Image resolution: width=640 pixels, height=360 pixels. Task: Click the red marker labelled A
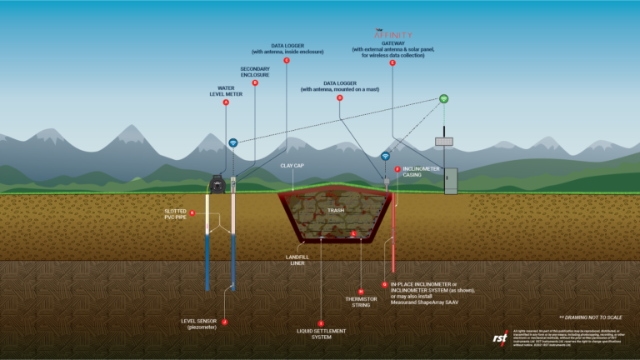(x=226, y=102)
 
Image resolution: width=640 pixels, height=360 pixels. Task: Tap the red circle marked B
(x=255, y=82)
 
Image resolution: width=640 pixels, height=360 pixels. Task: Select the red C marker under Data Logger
(x=287, y=61)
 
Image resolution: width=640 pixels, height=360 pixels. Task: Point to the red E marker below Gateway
(x=392, y=63)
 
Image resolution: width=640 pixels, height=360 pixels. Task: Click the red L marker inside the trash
(x=354, y=234)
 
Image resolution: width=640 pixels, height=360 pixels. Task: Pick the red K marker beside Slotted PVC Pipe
(x=192, y=212)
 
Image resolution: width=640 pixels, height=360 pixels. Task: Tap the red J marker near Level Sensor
(x=224, y=322)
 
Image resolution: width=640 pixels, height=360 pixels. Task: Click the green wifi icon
(x=444, y=99)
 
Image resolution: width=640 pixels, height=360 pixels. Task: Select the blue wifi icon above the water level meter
(x=233, y=142)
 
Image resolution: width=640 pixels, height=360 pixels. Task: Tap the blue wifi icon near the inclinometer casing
(x=385, y=156)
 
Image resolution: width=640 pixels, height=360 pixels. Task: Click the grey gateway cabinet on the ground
(x=451, y=181)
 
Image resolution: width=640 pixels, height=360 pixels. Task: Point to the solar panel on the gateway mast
(x=443, y=141)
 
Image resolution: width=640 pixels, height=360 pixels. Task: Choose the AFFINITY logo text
(x=392, y=36)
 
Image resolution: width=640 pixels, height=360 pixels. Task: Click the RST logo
(x=500, y=337)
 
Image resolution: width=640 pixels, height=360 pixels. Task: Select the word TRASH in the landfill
(x=336, y=211)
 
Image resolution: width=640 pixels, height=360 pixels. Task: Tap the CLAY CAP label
(x=292, y=166)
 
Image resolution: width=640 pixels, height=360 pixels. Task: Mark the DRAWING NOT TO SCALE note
(x=593, y=317)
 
